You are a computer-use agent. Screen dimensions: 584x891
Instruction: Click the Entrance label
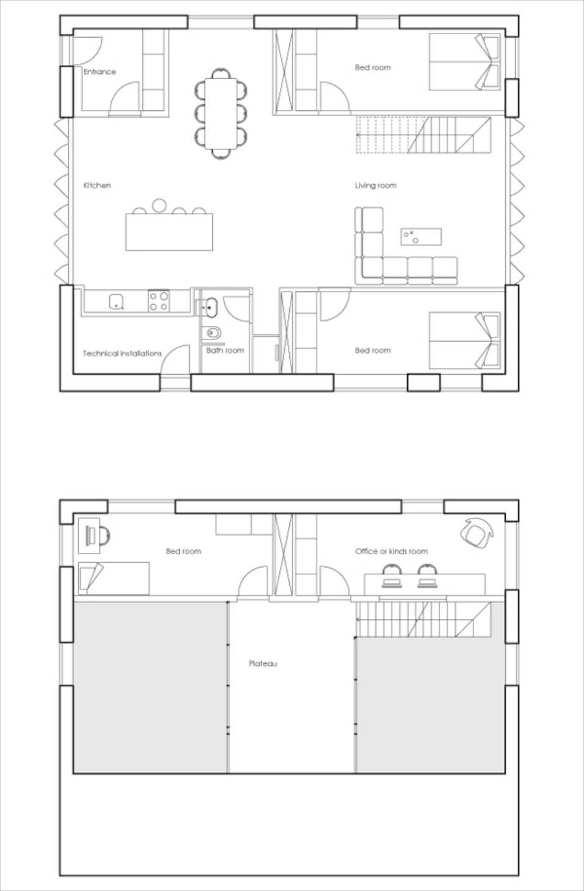[x=99, y=72]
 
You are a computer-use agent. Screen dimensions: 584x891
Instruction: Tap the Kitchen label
[x=97, y=186]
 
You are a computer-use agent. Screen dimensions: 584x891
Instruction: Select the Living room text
[x=375, y=186]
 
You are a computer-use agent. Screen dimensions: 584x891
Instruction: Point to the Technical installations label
[x=123, y=353]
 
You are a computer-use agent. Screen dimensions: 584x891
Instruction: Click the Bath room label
[x=225, y=350]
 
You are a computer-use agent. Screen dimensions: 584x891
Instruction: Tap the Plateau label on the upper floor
[x=263, y=663]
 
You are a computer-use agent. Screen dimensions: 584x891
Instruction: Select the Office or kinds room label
[x=391, y=551]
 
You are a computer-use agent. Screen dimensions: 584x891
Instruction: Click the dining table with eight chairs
[x=221, y=114]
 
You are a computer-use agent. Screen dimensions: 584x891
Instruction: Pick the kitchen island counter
[x=169, y=233]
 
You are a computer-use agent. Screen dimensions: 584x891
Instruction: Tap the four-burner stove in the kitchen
[x=159, y=301]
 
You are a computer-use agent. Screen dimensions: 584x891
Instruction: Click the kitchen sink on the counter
[x=117, y=302]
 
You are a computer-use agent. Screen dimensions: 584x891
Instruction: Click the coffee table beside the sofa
[x=421, y=237]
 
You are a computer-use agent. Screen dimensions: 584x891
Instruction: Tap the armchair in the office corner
[x=477, y=532]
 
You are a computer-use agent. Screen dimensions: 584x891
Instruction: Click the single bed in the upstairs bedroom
[x=114, y=579]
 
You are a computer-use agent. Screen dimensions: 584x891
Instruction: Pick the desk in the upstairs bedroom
[x=88, y=535]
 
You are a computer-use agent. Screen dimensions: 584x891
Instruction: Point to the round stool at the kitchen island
[x=159, y=205]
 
